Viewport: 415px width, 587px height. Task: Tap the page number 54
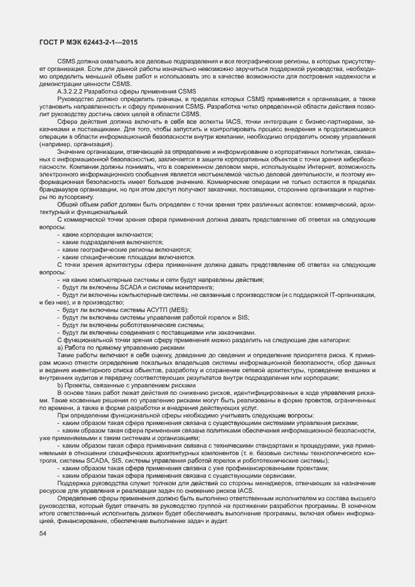pos(43,534)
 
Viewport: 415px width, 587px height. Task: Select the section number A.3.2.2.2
pos(75,92)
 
